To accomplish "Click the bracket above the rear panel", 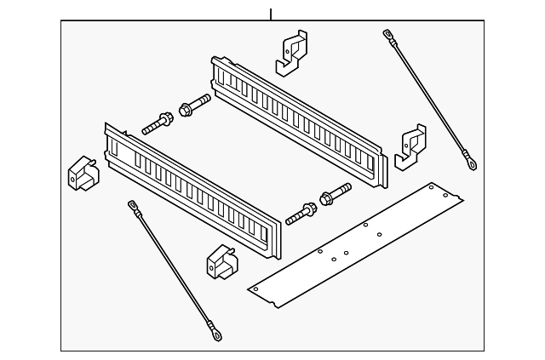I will pyautogui.click(x=291, y=52).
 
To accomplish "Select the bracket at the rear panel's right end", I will pyautogui.click(x=410, y=144).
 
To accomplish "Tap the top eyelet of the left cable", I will pyautogui.click(x=133, y=205).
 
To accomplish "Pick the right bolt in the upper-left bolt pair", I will pyautogui.click(x=195, y=107).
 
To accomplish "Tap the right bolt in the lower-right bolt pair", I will pyautogui.click(x=335, y=195).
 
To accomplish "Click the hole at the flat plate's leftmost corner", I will pyautogui.click(x=255, y=289).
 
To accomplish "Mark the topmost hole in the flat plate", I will pyautogui.click(x=432, y=186).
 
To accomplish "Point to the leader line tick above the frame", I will pyautogui.click(x=271, y=14).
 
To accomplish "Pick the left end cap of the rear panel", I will pyautogui.click(x=216, y=72).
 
